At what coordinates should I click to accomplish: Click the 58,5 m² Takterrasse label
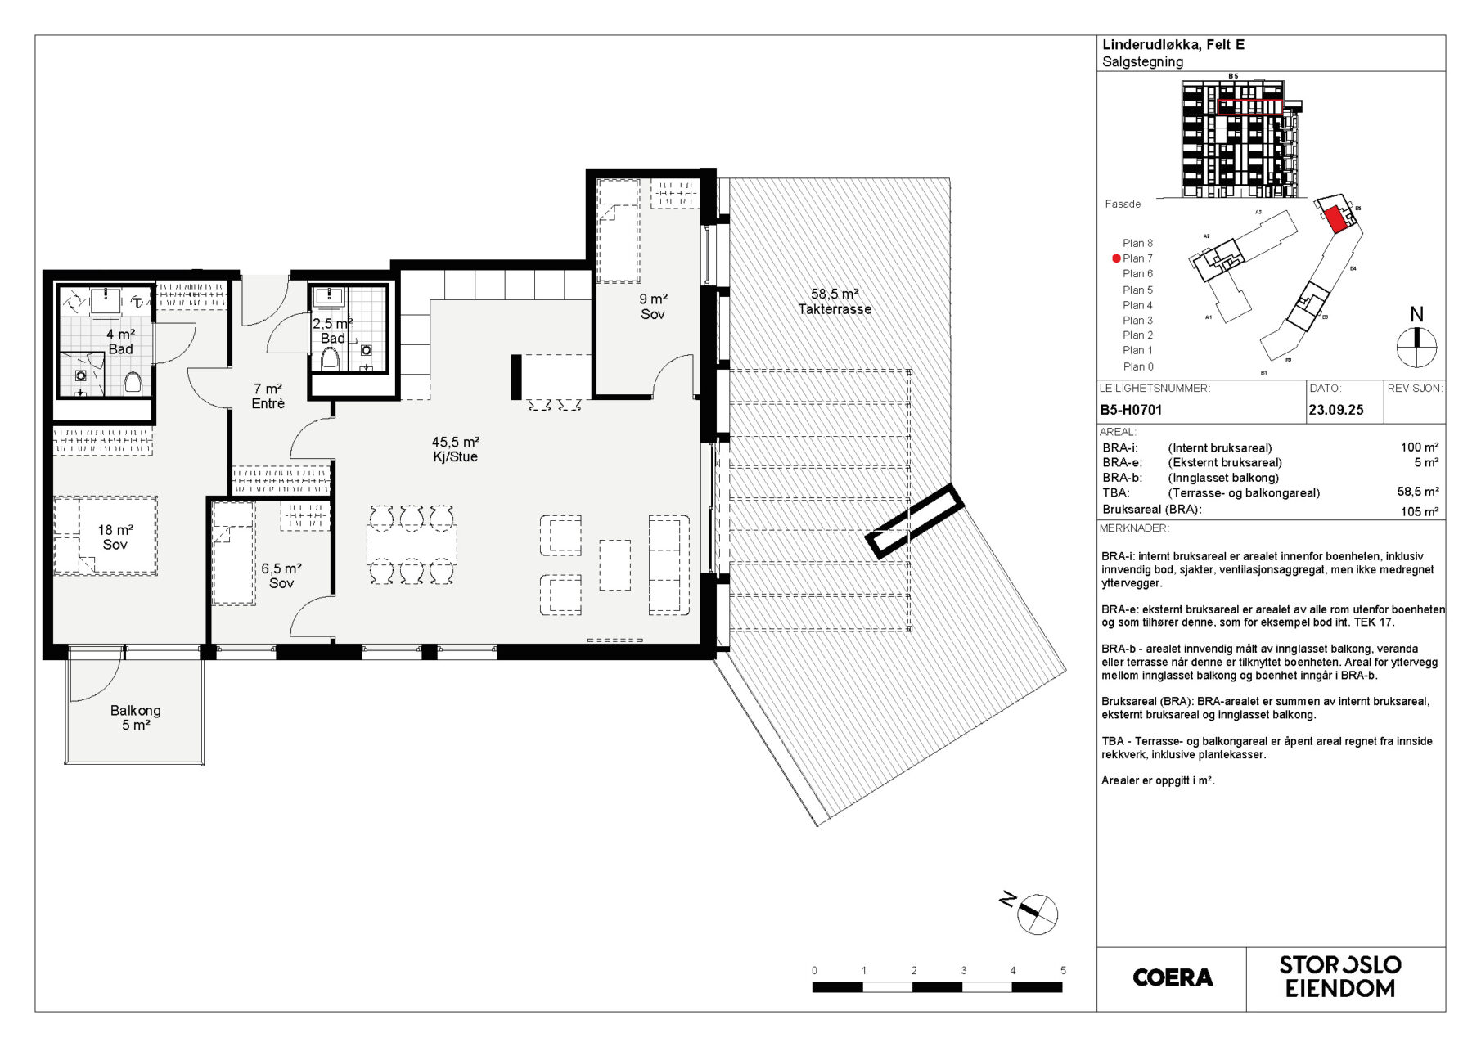click(835, 302)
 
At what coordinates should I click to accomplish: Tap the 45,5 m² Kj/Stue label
click(456, 449)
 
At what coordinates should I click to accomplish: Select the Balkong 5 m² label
click(136, 718)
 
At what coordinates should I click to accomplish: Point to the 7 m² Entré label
click(268, 396)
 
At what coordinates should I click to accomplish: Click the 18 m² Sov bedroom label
click(115, 537)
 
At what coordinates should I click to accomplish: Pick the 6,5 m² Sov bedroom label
click(281, 576)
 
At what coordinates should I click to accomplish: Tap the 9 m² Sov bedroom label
click(653, 307)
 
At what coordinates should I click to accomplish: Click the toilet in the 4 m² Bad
click(133, 382)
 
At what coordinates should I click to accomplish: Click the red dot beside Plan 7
click(1116, 258)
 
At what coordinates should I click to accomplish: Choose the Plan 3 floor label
click(1137, 320)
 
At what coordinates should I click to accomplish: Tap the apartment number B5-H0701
click(1131, 410)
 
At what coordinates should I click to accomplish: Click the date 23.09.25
click(1336, 410)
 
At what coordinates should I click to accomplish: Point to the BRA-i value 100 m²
click(1420, 447)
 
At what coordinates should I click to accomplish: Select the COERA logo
click(1173, 977)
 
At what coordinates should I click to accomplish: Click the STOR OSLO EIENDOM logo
click(1340, 977)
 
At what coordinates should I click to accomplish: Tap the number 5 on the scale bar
click(1063, 971)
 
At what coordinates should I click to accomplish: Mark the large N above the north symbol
click(1417, 314)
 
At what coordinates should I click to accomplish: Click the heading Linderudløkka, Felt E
click(1173, 45)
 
